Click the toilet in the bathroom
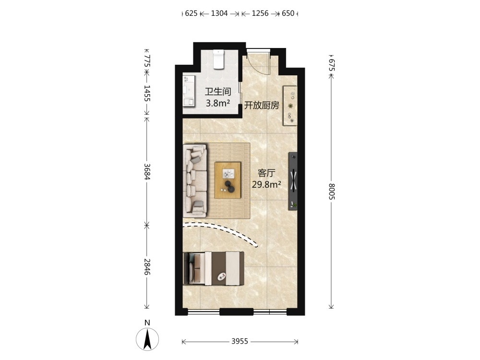pyautogui.click(x=218, y=60)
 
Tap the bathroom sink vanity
pyautogui.click(x=189, y=91)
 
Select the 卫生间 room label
pyautogui.click(x=217, y=92)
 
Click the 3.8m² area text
pyautogui.click(x=217, y=103)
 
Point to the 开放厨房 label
pyautogui.click(x=262, y=106)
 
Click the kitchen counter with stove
pyautogui.click(x=290, y=106)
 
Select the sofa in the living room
pyautogui.click(x=195, y=180)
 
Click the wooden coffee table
pyautogui.click(x=228, y=180)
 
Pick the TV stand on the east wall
pyautogui.click(x=293, y=181)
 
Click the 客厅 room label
pyautogui.click(x=266, y=173)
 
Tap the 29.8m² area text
pyautogui.click(x=266, y=185)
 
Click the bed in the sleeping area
pyautogui.click(x=214, y=268)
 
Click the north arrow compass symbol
pyautogui.click(x=147, y=339)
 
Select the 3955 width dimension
pyautogui.click(x=240, y=341)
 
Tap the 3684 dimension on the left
pyautogui.click(x=147, y=172)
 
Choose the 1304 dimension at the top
pyautogui.click(x=219, y=13)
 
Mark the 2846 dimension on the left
pyautogui.click(x=147, y=266)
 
